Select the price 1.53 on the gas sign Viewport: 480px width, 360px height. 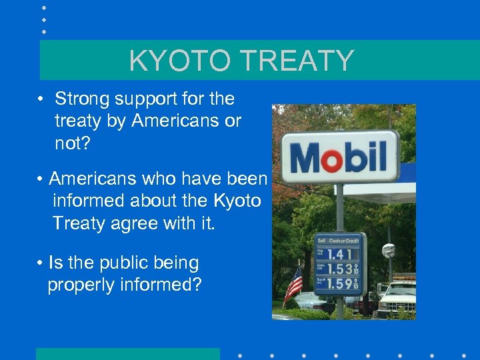coord(338,270)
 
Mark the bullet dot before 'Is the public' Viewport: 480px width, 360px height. coord(40,263)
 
